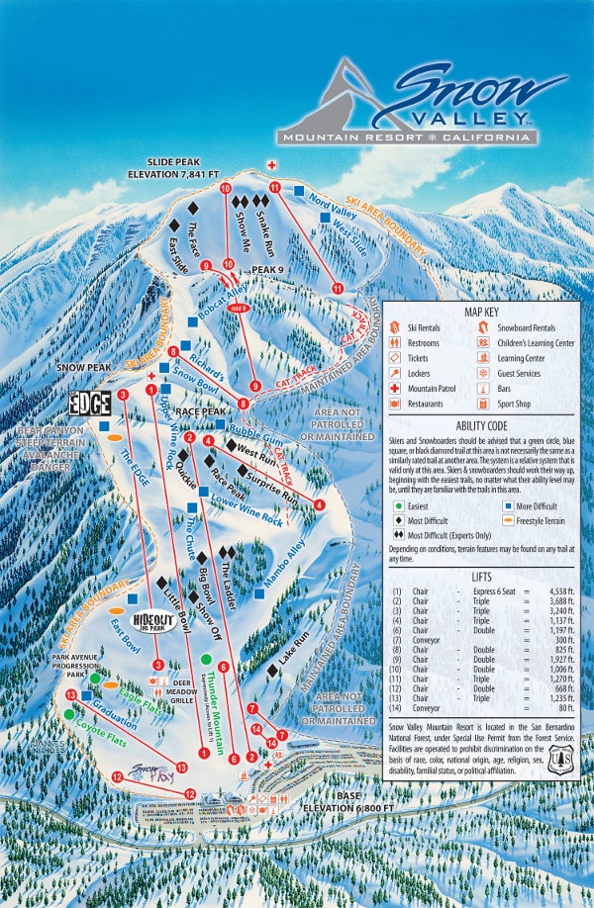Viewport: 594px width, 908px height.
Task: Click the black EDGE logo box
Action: coord(89,404)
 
